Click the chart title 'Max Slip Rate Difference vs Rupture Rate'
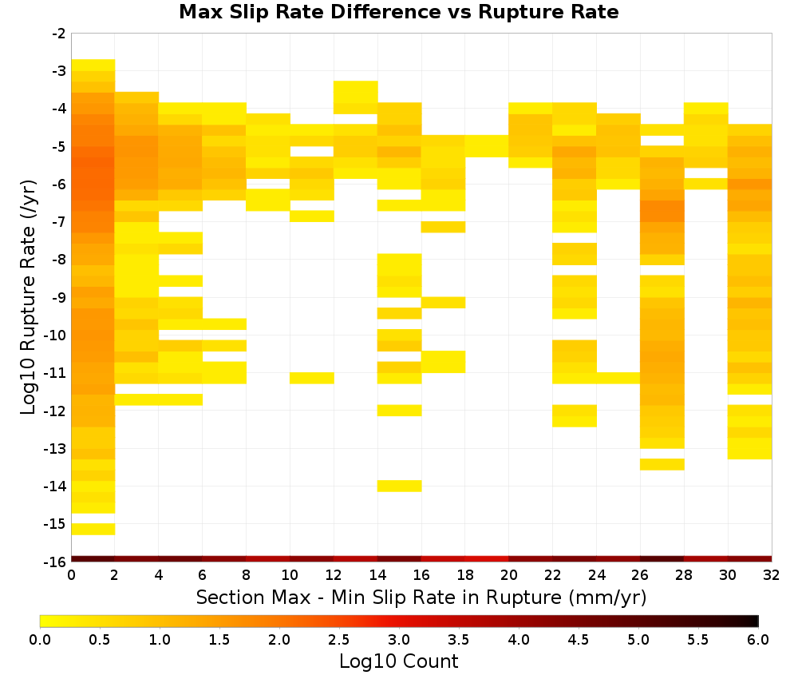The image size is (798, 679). [398, 11]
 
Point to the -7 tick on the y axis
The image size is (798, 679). [59, 222]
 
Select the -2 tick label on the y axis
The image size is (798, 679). [59, 34]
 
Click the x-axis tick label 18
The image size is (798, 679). [465, 575]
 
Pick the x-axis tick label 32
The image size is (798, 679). [772, 575]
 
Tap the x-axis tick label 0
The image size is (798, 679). [71, 575]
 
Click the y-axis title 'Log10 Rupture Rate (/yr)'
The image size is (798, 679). [29, 297]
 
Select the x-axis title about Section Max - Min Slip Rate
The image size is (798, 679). [421, 597]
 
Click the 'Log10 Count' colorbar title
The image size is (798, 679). [398, 661]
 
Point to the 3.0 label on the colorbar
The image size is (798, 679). [399, 640]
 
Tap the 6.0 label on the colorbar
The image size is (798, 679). [758, 640]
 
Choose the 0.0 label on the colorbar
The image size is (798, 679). [40, 640]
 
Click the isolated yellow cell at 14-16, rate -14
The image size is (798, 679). [400, 486]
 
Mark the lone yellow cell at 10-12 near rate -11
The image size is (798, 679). [312, 378]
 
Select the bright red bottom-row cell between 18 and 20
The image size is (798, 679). [487, 559]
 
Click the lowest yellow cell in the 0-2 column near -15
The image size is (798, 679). [93, 530]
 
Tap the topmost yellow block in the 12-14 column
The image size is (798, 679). [356, 92]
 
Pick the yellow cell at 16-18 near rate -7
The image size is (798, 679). [443, 227]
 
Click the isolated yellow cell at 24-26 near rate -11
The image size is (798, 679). [618, 378]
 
